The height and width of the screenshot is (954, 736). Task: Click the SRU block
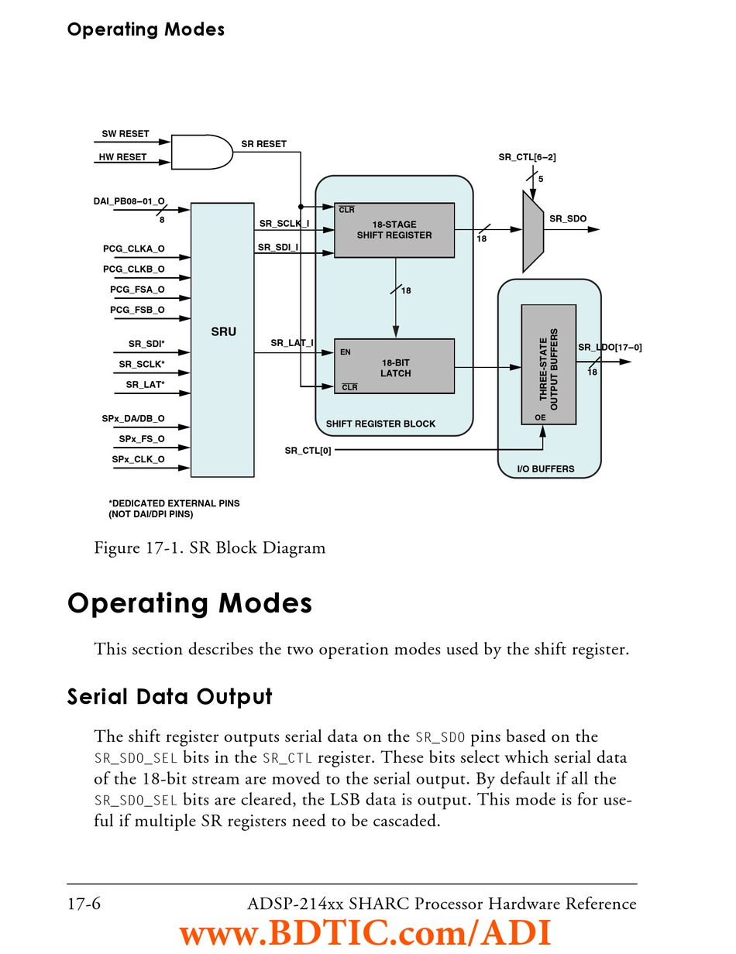(222, 339)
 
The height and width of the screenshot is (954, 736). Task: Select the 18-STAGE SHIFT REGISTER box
(394, 230)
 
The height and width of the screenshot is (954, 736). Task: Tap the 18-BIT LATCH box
(394, 367)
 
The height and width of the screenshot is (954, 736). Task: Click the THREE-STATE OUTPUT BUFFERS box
(549, 364)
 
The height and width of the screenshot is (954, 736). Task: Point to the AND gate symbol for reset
(201, 153)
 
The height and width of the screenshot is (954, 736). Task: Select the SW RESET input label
(126, 134)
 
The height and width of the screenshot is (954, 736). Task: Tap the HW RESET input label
(122, 157)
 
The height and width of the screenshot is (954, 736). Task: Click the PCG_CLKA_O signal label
(134, 249)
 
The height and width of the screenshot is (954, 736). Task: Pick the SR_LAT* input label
(146, 384)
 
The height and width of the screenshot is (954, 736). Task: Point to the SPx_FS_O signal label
(142, 439)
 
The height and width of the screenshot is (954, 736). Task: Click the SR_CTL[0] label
(308, 451)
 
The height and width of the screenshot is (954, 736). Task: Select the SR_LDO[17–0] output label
(610, 348)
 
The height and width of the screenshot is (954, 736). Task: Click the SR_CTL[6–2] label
(527, 157)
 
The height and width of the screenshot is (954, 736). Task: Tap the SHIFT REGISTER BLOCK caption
(380, 424)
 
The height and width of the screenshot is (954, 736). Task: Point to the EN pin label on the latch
(346, 352)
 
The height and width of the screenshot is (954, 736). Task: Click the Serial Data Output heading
(170, 697)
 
